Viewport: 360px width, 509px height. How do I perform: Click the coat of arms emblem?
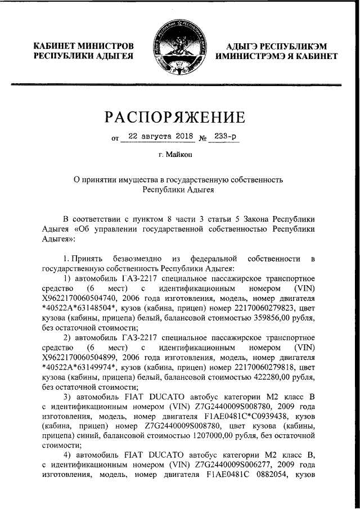(x=179, y=48)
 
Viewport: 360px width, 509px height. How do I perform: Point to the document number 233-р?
(x=223, y=137)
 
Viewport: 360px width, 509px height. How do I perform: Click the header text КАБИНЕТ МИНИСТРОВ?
(x=84, y=46)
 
